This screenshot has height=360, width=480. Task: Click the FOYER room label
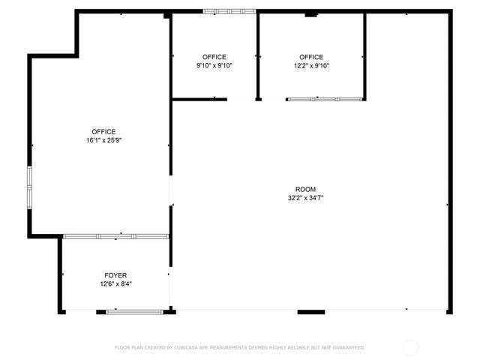click(115, 275)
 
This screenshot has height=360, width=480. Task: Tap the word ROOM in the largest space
click(305, 189)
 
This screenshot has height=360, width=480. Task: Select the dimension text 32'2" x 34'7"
click(305, 198)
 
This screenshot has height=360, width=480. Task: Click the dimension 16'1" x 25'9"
click(104, 140)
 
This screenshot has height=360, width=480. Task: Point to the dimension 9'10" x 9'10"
click(214, 66)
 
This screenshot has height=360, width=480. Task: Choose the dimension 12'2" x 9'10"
click(311, 66)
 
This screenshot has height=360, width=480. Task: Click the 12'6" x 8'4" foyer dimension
click(115, 283)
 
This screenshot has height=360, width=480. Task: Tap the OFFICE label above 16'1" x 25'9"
click(104, 132)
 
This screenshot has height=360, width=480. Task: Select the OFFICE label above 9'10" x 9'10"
click(214, 57)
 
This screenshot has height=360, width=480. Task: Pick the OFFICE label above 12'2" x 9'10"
click(311, 57)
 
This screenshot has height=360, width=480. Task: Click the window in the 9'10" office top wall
click(229, 11)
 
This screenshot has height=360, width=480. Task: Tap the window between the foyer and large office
click(116, 236)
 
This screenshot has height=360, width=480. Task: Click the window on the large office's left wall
click(29, 187)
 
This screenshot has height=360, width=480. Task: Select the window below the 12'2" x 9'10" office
click(325, 99)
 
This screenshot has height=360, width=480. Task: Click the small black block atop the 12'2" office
click(310, 14)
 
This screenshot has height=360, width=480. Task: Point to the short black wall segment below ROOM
click(311, 311)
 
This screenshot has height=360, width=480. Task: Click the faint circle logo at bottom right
click(410, 347)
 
